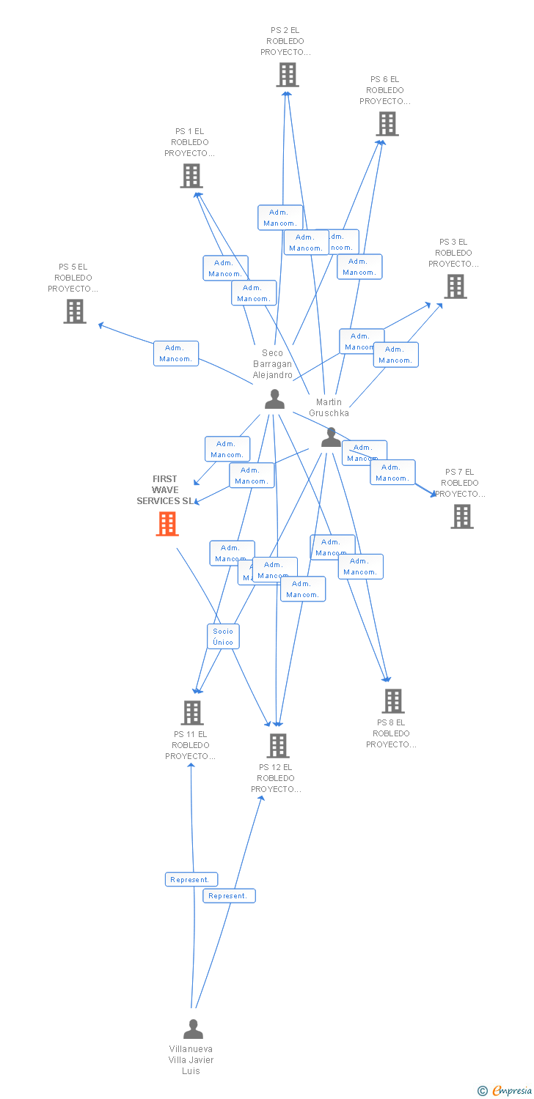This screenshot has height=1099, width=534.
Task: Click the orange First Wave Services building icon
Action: click(167, 524)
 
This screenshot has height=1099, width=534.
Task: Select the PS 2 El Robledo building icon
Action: click(287, 75)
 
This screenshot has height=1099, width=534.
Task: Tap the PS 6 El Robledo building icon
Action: click(387, 124)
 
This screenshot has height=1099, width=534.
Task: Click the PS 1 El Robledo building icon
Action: click(191, 176)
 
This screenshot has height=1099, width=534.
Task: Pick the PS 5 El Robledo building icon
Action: click(74, 311)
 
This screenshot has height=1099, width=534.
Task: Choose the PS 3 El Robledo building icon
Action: click(455, 286)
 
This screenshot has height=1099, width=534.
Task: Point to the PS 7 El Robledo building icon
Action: click(461, 517)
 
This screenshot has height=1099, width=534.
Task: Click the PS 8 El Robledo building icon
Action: click(392, 701)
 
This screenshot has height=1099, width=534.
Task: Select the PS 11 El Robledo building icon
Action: click(191, 712)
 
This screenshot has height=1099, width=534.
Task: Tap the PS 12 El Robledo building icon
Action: click(277, 746)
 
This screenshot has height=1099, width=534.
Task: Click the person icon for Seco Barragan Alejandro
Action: click(274, 399)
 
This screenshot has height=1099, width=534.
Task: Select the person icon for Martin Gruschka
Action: click(331, 437)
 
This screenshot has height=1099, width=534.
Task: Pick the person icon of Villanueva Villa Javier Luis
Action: click(193, 1029)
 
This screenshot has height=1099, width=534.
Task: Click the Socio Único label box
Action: click(223, 637)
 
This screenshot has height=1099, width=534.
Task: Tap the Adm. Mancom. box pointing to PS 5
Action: click(176, 353)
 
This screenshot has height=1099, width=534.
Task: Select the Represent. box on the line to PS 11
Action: click(191, 879)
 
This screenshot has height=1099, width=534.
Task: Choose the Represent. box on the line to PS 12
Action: click(229, 895)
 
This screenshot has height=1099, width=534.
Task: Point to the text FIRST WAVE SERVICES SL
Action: click(166, 489)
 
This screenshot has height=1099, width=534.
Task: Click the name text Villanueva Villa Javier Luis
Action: click(191, 1059)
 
